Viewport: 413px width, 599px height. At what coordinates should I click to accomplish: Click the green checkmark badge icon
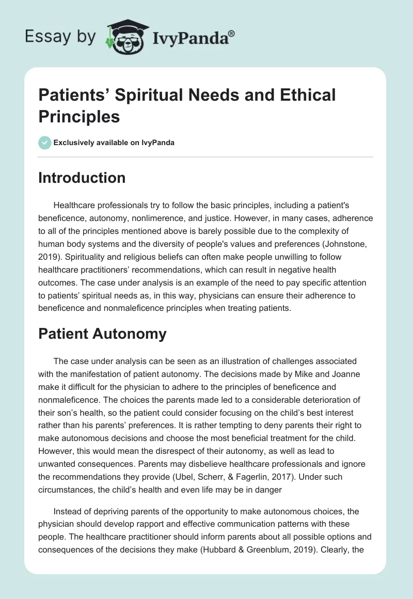[x=45, y=143]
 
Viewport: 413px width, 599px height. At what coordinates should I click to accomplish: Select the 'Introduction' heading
[x=82, y=178]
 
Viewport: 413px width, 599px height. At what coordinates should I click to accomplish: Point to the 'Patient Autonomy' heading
[x=102, y=334]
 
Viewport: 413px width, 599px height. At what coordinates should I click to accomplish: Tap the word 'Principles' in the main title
[x=79, y=116]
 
